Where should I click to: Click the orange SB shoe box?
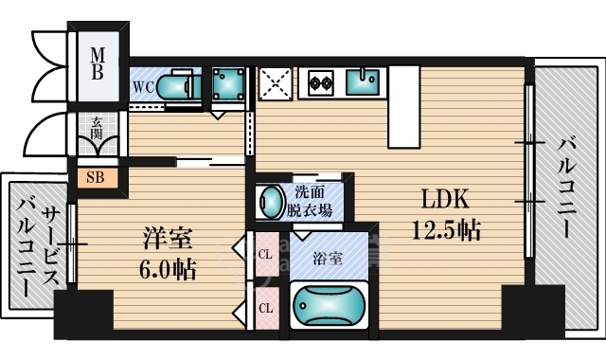[x=97, y=176]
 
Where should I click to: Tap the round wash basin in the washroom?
[x=272, y=203]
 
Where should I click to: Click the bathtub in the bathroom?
[x=329, y=306]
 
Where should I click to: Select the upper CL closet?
[x=267, y=255]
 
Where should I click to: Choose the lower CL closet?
[x=267, y=308]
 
